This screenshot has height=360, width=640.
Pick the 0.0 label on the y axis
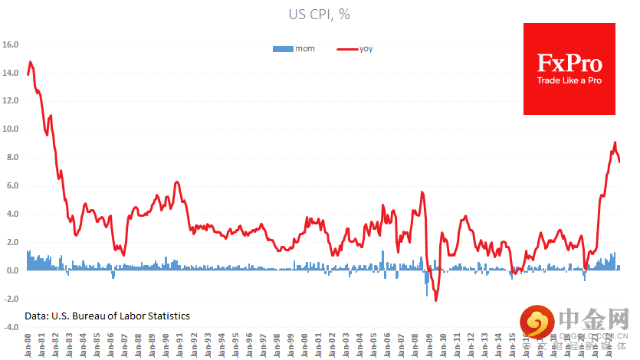coord(11,270)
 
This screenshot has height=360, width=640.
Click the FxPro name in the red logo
coord(569,64)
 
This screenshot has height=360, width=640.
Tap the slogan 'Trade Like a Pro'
coord(569,80)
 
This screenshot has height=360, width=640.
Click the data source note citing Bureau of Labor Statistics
coord(107,316)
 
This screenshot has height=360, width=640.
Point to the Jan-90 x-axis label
coord(164,344)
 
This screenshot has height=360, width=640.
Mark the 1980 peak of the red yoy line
coord(30,62)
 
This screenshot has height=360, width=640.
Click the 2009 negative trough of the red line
coord(435,299)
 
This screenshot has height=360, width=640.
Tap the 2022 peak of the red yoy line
coord(615,142)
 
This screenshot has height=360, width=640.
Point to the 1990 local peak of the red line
coord(177,182)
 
